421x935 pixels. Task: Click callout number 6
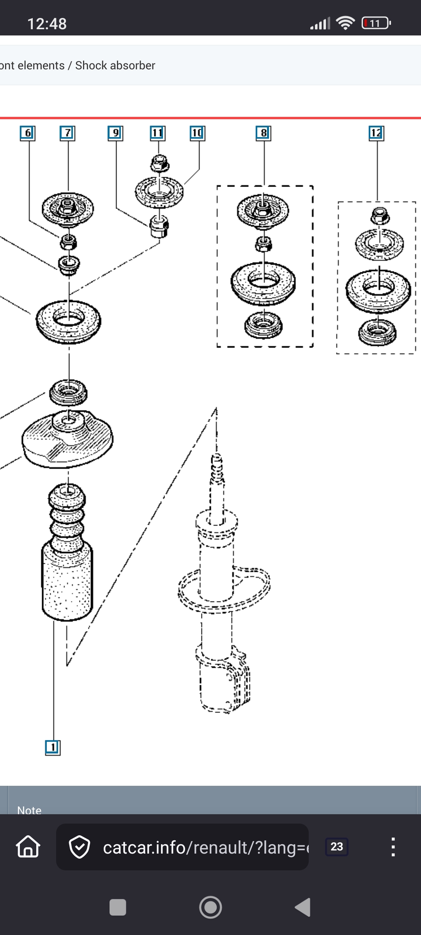pos(27,133)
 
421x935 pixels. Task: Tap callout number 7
pos(67,133)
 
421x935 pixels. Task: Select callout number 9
pos(115,133)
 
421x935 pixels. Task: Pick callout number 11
pos(157,133)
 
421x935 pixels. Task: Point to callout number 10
pos(197,133)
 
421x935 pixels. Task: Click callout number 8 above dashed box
pos(264,133)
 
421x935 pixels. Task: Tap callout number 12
pos(376,133)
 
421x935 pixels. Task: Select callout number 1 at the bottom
pos(53,747)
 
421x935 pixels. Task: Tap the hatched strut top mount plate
pos(67,438)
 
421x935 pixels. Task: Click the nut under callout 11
pos(159,163)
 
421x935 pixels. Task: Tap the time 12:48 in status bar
pos(47,24)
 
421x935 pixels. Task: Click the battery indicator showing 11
pos(376,23)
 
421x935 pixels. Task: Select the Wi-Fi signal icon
pos(345,23)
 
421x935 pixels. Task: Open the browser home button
pos(28,847)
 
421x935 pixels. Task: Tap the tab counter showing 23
pos(336,847)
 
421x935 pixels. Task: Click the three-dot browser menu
pos(393,847)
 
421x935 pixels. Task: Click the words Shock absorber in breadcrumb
pos(115,65)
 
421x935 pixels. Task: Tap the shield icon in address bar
pos(80,847)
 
